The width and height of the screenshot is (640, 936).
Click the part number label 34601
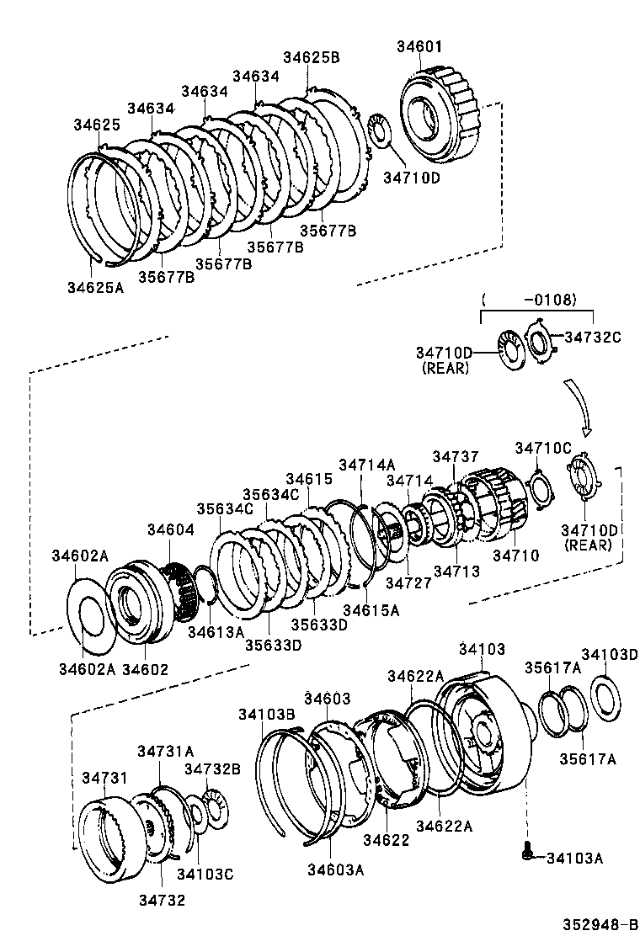coord(420,46)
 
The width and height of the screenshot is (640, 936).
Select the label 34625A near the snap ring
coord(95,287)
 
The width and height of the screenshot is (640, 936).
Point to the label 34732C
coord(592,337)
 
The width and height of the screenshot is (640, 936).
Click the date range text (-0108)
coord(537,299)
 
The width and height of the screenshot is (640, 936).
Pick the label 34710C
coord(543,448)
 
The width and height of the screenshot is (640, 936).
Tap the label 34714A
coord(366,464)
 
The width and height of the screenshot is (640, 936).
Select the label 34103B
coord(266,714)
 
